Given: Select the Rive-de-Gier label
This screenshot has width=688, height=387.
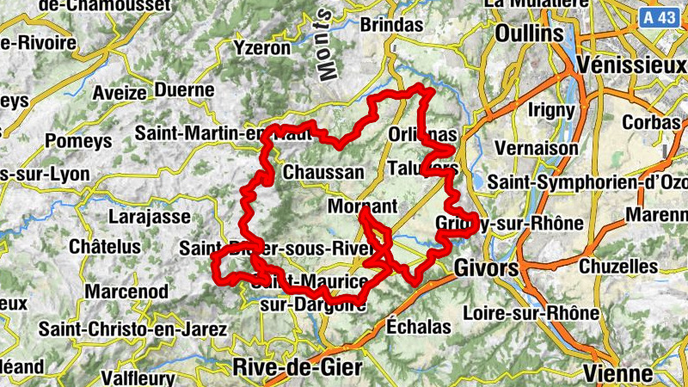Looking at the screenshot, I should (298, 368).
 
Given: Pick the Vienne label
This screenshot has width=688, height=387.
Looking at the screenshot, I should (617, 373).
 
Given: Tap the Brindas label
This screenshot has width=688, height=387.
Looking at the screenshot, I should (391, 25).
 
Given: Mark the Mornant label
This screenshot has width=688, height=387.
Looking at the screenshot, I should (362, 207).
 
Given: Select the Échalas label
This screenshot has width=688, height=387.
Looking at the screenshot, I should (419, 327).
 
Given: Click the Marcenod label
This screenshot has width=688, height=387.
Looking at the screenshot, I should (126, 292).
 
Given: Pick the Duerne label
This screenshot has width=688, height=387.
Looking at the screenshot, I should (185, 89).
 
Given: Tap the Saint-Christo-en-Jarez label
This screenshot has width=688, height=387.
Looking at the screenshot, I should (132, 329).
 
